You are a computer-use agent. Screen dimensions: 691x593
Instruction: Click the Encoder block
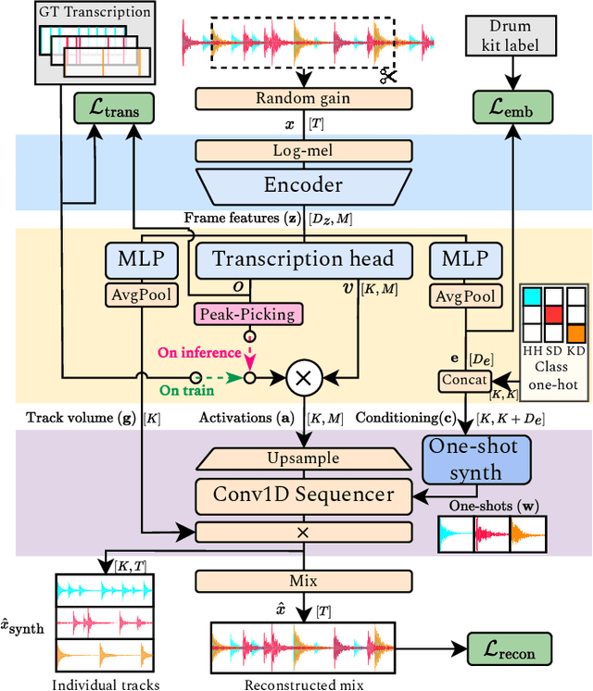[304, 185]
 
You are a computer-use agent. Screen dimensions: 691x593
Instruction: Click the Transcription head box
[304, 258]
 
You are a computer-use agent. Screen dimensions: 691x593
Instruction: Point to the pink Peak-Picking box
[247, 314]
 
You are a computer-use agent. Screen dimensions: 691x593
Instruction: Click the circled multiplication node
[302, 378]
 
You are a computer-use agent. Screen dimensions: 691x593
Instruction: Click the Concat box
[462, 380]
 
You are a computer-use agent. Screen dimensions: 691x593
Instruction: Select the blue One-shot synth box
[476, 458]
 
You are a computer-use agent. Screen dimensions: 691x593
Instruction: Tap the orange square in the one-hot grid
[576, 332]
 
